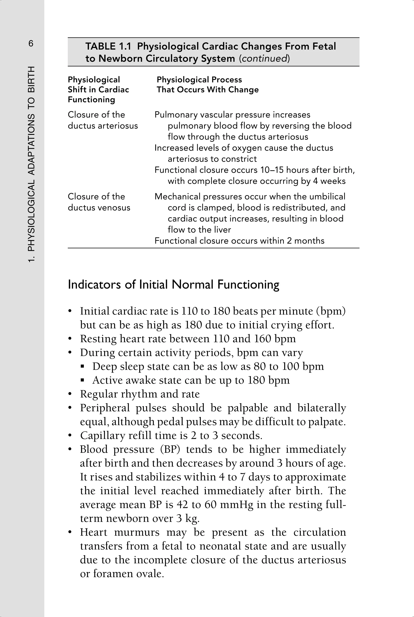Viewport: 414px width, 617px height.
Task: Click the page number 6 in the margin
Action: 31,43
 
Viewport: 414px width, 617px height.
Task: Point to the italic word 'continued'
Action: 264,58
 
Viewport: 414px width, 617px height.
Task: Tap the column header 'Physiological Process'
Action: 199,80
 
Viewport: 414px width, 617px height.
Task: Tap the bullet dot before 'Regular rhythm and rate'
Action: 70,394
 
